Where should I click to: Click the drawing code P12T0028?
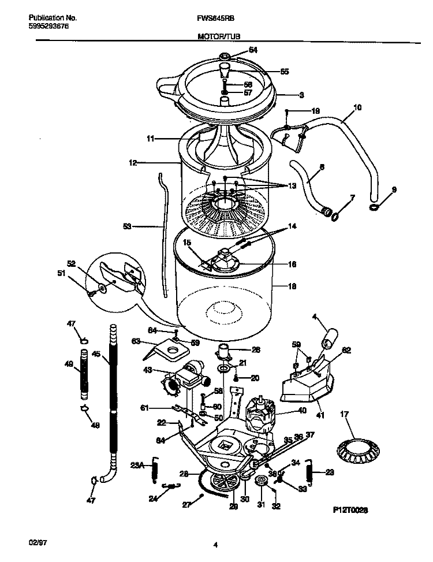click(x=350, y=511)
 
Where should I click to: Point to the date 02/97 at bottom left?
click(x=38, y=544)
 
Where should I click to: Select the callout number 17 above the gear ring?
click(x=345, y=414)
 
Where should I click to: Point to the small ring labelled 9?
click(x=375, y=206)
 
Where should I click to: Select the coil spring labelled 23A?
click(x=154, y=467)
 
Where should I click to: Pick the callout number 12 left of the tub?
click(x=132, y=163)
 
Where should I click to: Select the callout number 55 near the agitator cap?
click(x=284, y=72)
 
